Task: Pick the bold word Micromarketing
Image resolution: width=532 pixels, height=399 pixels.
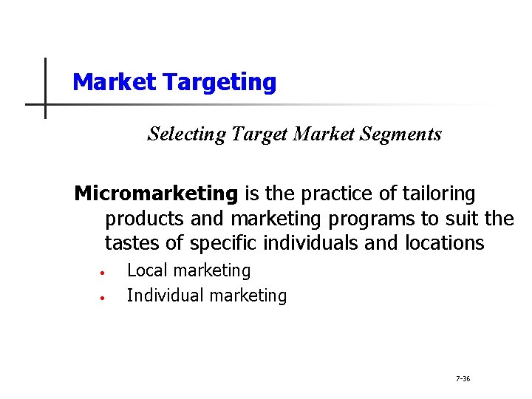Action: pyautogui.click(x=157, y=194)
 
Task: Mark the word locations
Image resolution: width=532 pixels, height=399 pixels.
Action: pyautogui.click(x=445, y=243)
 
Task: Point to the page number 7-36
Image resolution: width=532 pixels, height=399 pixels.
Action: pyautogui.click(x=463, y=379)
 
